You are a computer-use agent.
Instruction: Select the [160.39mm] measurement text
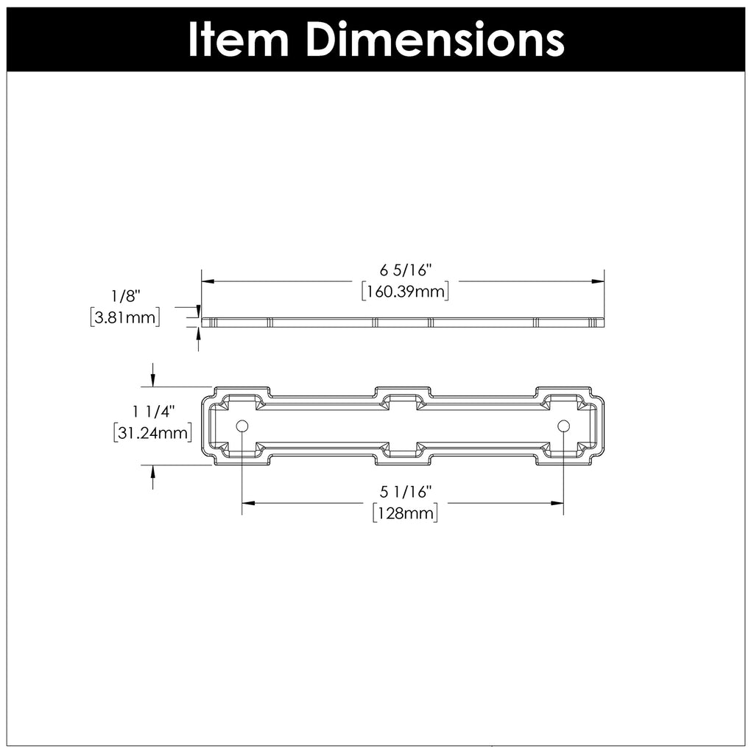click(x=406, y=292)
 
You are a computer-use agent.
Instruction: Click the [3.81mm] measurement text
click(x=124, y=317)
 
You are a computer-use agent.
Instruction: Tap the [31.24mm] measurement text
click(x=153, y=432)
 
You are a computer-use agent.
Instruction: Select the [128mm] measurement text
click(x=405, y=512)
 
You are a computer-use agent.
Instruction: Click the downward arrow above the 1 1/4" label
click(x=152, y=378)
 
